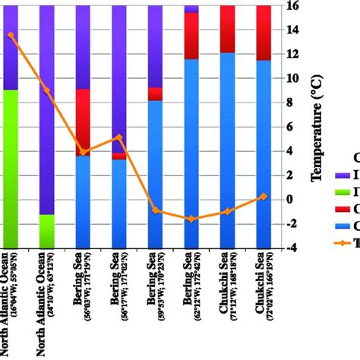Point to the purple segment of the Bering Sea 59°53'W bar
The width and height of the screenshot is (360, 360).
pyautogui.click(x=155, y=46)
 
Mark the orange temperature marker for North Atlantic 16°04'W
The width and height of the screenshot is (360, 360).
pyautogui.click(x=11, y=35)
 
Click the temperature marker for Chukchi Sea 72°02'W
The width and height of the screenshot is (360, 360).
pyautogui.click(x=263, y=196)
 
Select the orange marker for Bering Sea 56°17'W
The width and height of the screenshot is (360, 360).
pyautogui.click(x=119, y=137)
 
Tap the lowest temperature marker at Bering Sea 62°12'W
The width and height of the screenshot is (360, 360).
pyautogui.click(x=191, y=219)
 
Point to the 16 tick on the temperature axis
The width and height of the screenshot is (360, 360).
pyautogui.click(x=291, y=6)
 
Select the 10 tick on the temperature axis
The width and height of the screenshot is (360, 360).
pyautogui.click(x=291, y=78)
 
